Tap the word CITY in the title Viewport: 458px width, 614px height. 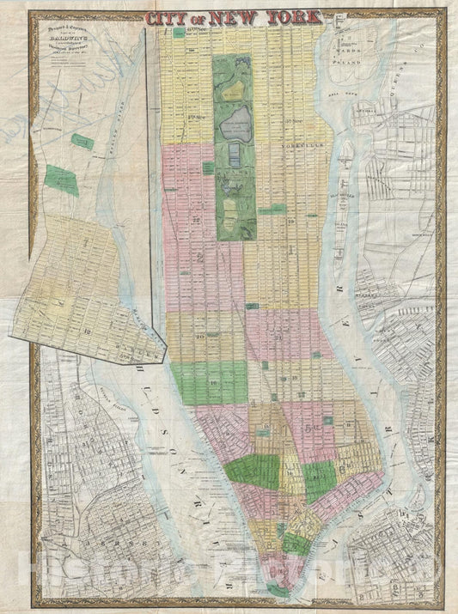pos(163,17)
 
